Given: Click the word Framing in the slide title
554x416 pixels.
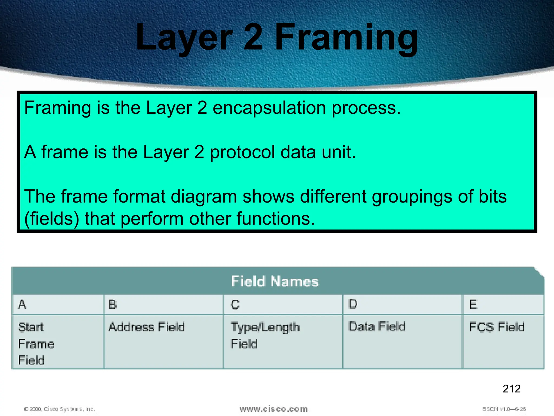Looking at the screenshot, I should pos(346,38).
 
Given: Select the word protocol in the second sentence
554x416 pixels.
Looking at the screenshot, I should pos(242,152).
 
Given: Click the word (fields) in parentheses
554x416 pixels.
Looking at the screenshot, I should pos(52,219).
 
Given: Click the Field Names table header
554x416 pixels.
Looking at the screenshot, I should pos(275,281).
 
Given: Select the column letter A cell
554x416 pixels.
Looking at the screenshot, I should pos(57,304).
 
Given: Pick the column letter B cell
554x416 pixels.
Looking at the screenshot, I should pos(164,304).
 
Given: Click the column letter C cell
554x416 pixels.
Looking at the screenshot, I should pos(283,304).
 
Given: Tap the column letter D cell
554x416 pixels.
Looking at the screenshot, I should pos(402,304).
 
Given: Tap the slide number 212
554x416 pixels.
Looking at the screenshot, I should pos(512,389).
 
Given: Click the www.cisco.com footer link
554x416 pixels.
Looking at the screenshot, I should pos(273,409).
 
